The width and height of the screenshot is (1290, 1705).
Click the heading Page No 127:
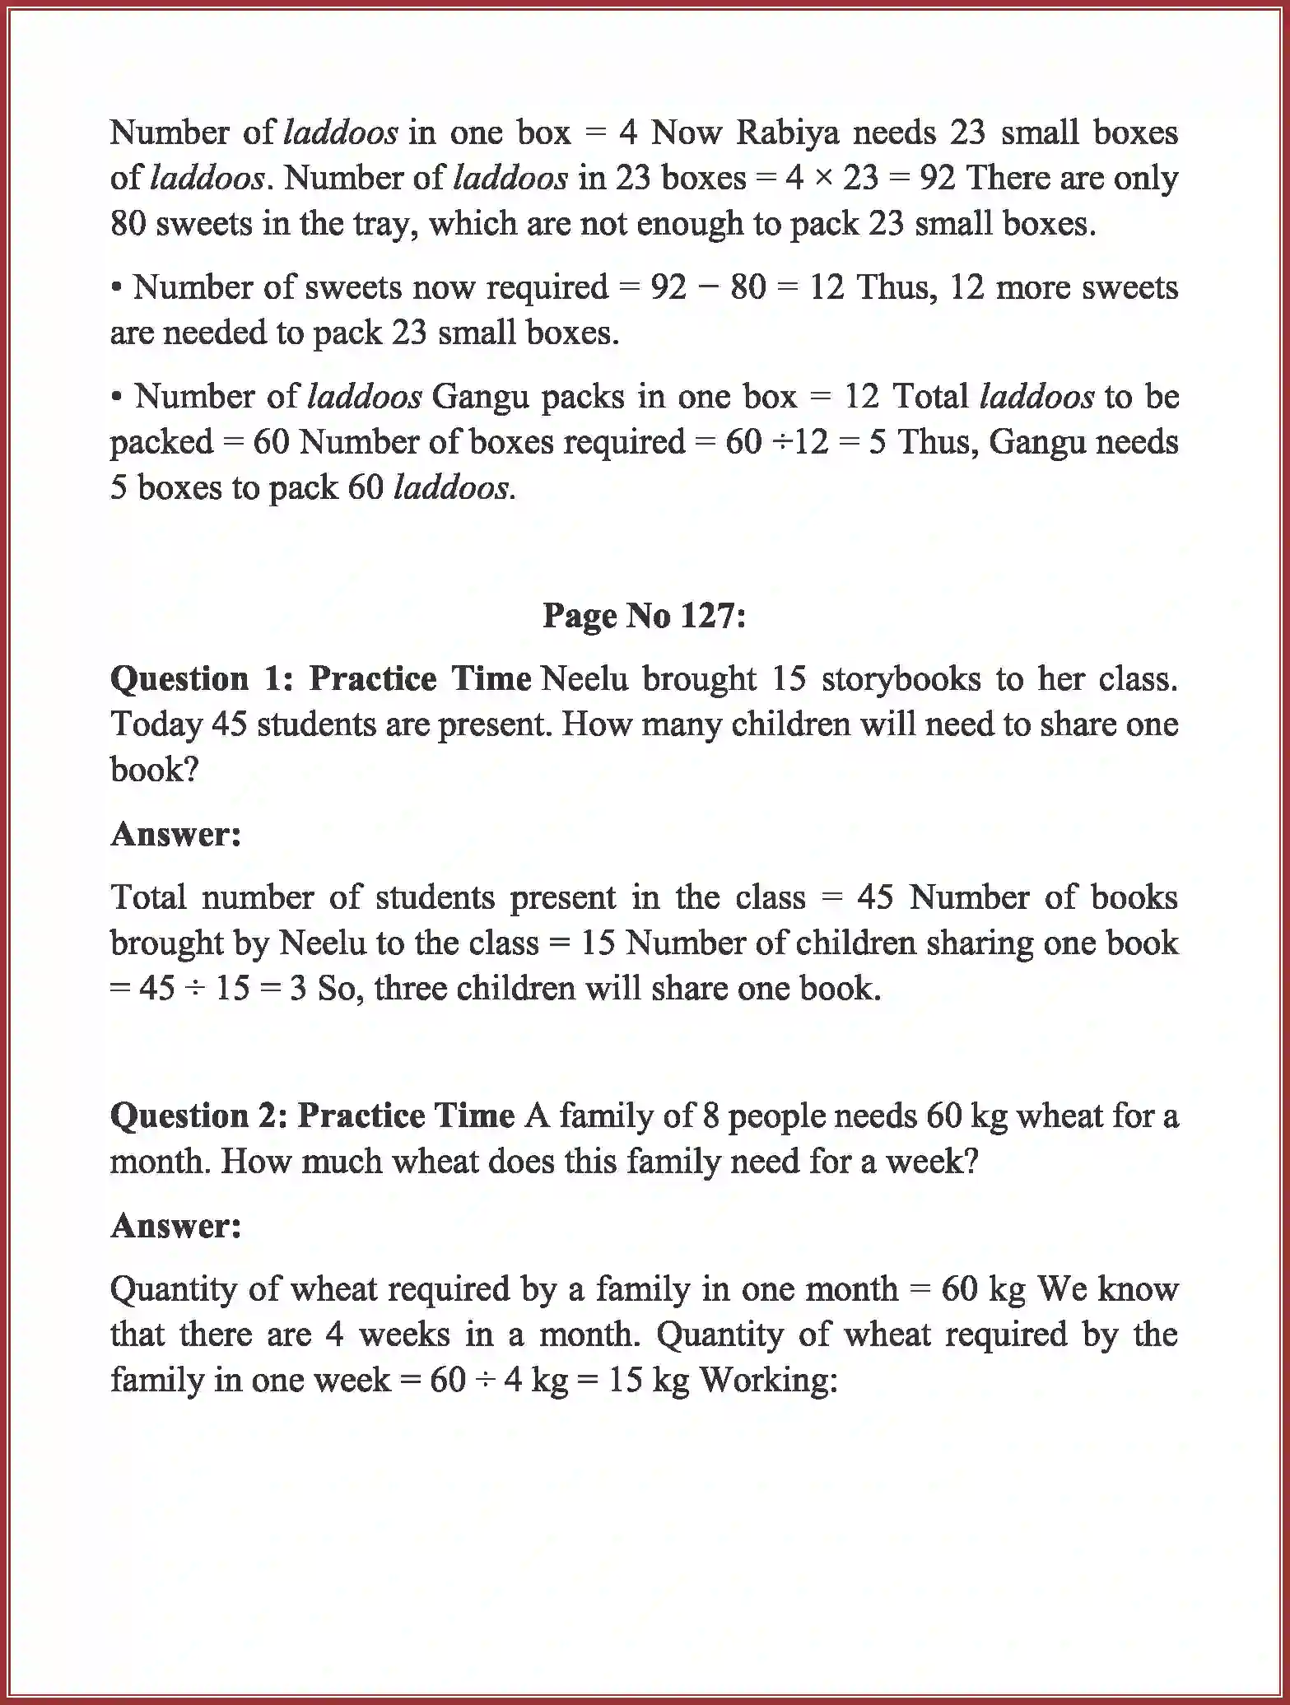[644, 616]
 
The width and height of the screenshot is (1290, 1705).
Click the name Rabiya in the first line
[788, 133]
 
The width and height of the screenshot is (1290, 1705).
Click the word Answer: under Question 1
[176, 834]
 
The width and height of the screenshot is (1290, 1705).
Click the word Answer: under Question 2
[176, 1226]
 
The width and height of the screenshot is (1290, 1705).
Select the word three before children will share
[410, 988]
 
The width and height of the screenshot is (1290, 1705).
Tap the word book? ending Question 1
[155, 770]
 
